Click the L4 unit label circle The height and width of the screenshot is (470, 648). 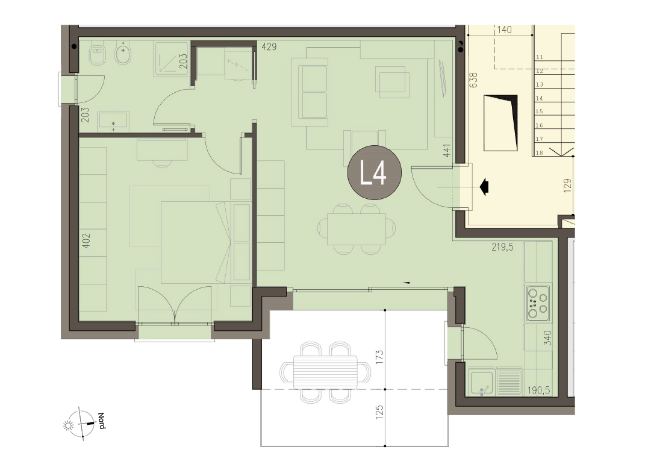point(374,173)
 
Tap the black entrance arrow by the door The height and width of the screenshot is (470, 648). point(484,187)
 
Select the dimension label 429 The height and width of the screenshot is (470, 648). point(269,47)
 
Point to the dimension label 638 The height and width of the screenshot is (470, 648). point(473,80)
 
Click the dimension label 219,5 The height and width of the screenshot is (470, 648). point(502,247)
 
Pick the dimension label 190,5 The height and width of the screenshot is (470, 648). point(538,390)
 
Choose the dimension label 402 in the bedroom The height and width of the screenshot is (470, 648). point(86,240)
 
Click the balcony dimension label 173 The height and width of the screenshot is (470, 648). point(380,357)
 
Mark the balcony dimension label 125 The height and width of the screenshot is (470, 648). point(380,412)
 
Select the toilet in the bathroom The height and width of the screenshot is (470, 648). point(98,55)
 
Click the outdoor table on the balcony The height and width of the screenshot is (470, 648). point(325,372)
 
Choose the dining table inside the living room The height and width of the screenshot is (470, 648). point(357,229)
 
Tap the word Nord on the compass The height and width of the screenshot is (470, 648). point(101,421)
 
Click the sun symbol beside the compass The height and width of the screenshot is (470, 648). point(67,425)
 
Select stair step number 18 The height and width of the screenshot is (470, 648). point(539,153)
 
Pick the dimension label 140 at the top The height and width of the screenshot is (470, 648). point(504,30)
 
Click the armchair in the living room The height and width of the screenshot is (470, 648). point(392,82)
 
